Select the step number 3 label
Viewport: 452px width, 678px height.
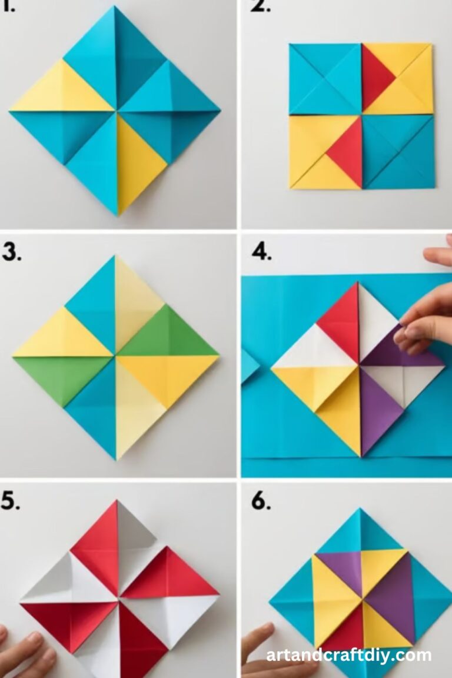coord(12,251)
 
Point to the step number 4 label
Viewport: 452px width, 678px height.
coord(261,252)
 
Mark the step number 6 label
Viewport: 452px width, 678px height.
coord(261,502)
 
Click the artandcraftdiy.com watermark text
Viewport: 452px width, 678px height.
coord(348,655)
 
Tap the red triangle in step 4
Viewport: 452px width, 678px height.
coord(341,321)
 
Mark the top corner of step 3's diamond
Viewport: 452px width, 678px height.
coord(115,257)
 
